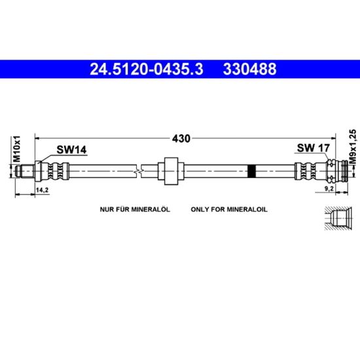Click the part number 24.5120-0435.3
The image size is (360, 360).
[x=147, y=69]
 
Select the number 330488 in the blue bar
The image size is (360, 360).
[x=250, y=69]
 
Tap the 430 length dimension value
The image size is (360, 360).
[x=181, y=139]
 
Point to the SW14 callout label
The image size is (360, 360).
[x=71, y=150]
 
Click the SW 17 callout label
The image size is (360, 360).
[x=314, y=148]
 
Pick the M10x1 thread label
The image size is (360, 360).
[x=17, y=149]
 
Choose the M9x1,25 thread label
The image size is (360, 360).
[x=353, y=147]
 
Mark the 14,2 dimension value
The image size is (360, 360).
[x=43, y=190]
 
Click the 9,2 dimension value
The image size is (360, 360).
[x=329, y=189]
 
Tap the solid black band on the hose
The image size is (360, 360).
[x=252, y=171]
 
